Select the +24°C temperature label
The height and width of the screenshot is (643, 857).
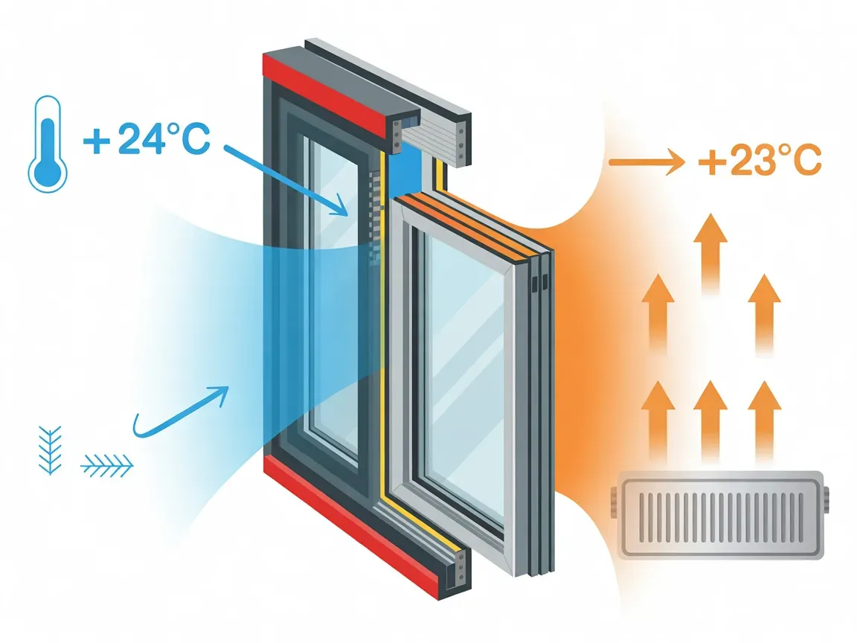147,139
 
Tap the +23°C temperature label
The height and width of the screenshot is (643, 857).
760,160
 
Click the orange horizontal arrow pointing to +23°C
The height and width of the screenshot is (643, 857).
646,161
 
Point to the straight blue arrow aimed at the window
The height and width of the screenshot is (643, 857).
286,180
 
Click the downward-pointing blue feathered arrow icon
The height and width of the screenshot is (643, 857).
50,450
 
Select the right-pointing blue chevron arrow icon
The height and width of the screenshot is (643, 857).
107,466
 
